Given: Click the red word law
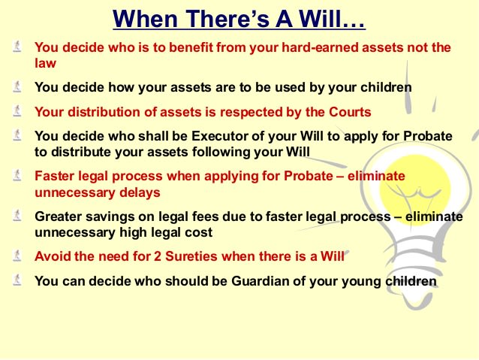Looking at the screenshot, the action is (x=45, y=63).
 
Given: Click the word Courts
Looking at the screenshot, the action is (x=350, y=112).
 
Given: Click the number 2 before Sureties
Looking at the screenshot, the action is (x=158, y=256).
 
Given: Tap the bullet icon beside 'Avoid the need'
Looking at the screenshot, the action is (x=17, y=256).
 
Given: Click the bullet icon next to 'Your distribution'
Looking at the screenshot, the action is (x=17, y=110).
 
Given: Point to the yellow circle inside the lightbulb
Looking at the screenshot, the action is (x=415, y=190).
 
